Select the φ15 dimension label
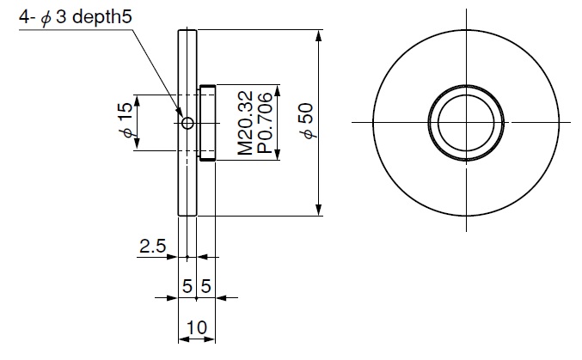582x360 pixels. coord(126,120)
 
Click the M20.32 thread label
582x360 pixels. coord(246,124)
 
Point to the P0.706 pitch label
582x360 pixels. coord(264,124)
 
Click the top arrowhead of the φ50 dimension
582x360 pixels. coord(319,35)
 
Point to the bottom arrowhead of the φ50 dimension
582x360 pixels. coord(319,211)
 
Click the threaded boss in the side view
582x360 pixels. coord(207,123)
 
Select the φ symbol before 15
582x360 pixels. coord(126,132)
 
